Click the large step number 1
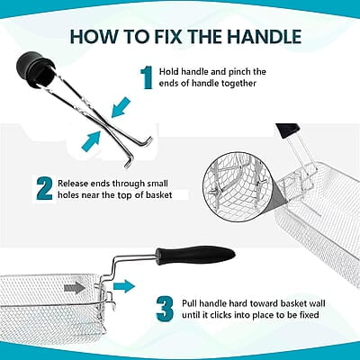click(x=147, y=78)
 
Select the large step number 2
click(x=44, y=189)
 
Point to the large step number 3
click(x=166, y=308)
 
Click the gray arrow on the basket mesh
click(x=75, y=288)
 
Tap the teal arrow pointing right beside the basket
click(x=124, y=285)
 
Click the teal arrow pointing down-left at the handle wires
click(x=121, y=107)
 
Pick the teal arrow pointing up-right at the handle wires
click(x=91, y=141)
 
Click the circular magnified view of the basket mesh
click(x=238, y=190)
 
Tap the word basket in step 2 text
click(x=159, y=195)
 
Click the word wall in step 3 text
click(x=317, y=303)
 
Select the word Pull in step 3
click(x=189, y=303)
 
